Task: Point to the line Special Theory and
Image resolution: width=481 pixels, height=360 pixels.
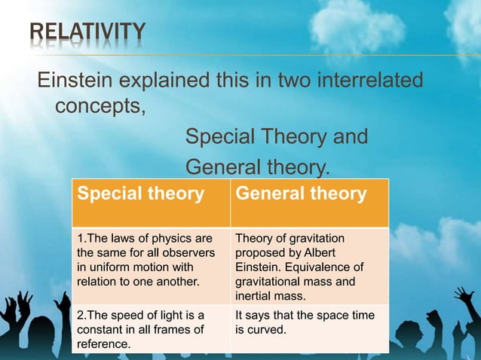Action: click(x=277, y=138)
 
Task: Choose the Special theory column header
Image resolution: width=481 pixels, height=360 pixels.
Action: click(x=141, y=194)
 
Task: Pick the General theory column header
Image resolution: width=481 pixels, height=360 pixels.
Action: click(x=301, y=194)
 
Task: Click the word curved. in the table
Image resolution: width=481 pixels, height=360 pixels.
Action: click(x=267, y=329)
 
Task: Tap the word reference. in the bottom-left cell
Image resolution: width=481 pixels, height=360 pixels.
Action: click(x=103, y=343)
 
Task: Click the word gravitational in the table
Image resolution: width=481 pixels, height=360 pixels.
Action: click(x=268, y=281)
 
